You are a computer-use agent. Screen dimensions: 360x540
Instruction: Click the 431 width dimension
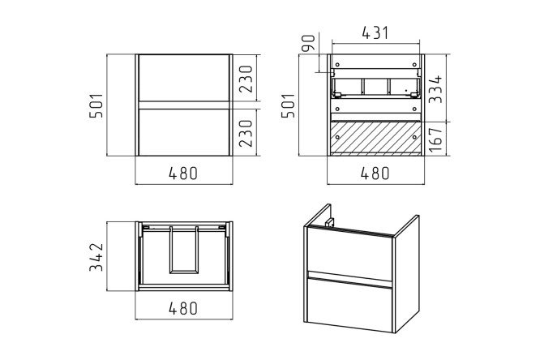[x=374, y=35]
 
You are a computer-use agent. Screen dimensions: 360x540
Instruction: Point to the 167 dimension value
[x=437, y=138]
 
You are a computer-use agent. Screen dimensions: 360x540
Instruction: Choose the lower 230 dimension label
[x=245, y=131]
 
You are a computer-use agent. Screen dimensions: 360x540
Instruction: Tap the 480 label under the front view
[x=182, y=173]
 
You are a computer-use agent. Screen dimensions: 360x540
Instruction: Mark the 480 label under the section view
[x=374, y=173]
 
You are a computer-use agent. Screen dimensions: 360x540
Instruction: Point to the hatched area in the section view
[x=374, y=138]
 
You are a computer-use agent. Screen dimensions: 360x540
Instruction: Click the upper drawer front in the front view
[x=182, y=79]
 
